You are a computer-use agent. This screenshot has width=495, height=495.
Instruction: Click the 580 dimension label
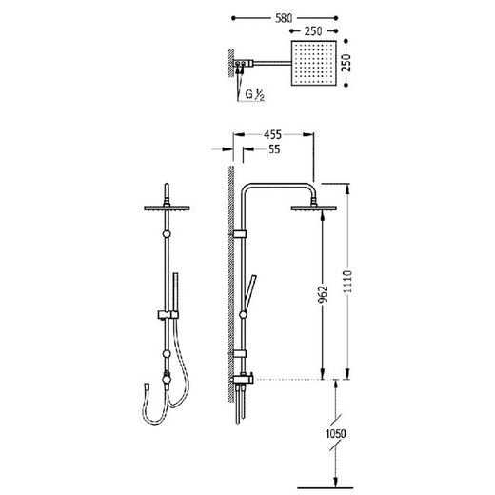pos(284,18)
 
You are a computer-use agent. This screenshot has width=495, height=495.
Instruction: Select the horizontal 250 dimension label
pos(313,31)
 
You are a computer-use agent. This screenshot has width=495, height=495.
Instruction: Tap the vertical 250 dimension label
pos(347,63)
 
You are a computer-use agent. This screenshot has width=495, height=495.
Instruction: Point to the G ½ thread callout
pos(254,94)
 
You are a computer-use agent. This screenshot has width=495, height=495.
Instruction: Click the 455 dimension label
pos(272,135)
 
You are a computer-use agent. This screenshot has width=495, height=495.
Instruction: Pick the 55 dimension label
pos(274,149)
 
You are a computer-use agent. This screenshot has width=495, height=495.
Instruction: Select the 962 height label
pos(323,294)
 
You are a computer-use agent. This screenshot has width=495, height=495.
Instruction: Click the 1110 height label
pos(347,282)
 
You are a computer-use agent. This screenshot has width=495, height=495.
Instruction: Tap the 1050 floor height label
pos(335,433)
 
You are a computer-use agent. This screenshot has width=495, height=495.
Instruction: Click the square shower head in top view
pos(314,63)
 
